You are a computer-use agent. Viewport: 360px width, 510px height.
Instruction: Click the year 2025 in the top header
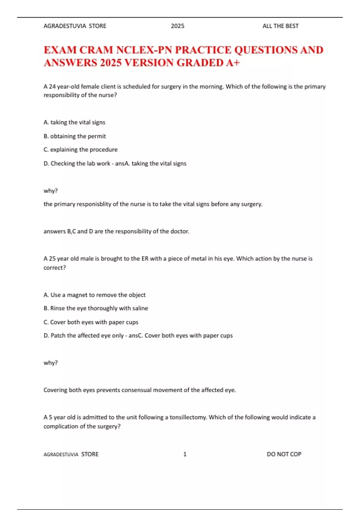click(x=178, y=26)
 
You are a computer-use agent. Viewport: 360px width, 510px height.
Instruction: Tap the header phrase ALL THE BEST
click(x=280, y=26)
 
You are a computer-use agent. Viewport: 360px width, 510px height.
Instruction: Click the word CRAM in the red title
click(x=96, y=50)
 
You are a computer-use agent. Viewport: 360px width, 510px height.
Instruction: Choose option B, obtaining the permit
click(x=75, y=136)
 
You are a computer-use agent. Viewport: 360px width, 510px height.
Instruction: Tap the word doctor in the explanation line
click(x=179, y=231)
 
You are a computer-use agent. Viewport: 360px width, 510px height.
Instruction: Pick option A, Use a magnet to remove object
click(x=94, y=295)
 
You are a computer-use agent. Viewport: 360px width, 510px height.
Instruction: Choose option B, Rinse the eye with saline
click(x=96, y=308)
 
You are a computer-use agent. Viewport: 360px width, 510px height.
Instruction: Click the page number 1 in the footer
click(x=185, y=454)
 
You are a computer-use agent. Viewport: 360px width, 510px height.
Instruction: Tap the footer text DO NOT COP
click(x=284, y=454)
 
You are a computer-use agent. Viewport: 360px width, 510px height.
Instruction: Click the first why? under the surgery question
click(x=51, y=191)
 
